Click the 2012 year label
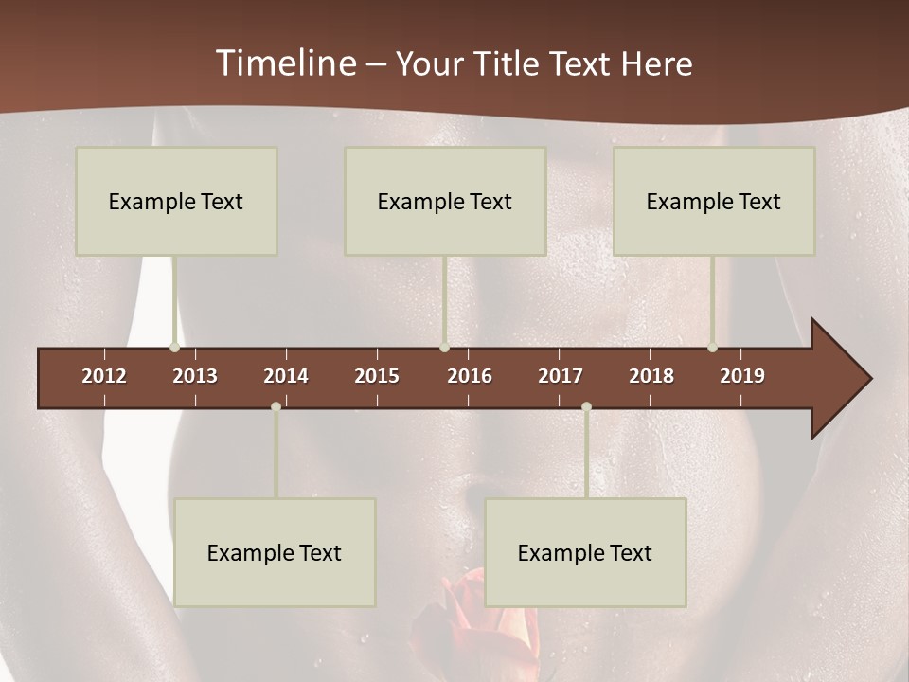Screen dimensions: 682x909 (104, 376)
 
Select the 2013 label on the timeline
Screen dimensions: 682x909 (195, 376)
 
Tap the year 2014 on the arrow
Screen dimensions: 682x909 (286, 376)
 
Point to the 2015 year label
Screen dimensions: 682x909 (377, 376)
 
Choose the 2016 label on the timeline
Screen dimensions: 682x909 (470, 376)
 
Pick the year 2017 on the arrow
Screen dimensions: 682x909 (561, 376)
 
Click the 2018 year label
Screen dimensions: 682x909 (651, 376)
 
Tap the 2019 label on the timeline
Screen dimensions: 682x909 (742, 376)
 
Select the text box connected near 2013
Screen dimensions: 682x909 (176, 201)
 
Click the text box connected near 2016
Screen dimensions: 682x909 (445, 201)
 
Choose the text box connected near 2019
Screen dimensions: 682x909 (714, 201)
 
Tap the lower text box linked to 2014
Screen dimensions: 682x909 (275, 552)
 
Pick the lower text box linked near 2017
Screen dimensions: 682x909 (585, 552)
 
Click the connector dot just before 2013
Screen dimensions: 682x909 (174, 348)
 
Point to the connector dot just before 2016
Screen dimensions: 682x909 (444, 348)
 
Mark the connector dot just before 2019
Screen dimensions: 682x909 (712, 348)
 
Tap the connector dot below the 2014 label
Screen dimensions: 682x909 (276, 406)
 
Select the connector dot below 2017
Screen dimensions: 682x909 (586, 406)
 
